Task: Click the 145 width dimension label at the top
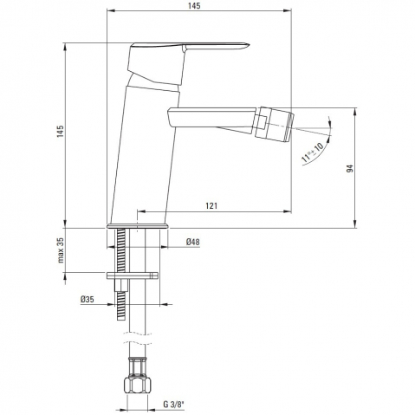[x=194, y=6]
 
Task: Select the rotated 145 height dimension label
[x=60, y=132]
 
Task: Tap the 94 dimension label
[x=350, y=168]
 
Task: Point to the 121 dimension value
[x=211, y=205]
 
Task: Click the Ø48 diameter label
[x=193, y=242]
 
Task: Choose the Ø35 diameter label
[x=88, y=299]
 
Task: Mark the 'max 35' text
[x=61, y=250]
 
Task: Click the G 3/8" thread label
[x=173, y=404]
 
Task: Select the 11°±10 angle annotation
[x=312, y=152]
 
